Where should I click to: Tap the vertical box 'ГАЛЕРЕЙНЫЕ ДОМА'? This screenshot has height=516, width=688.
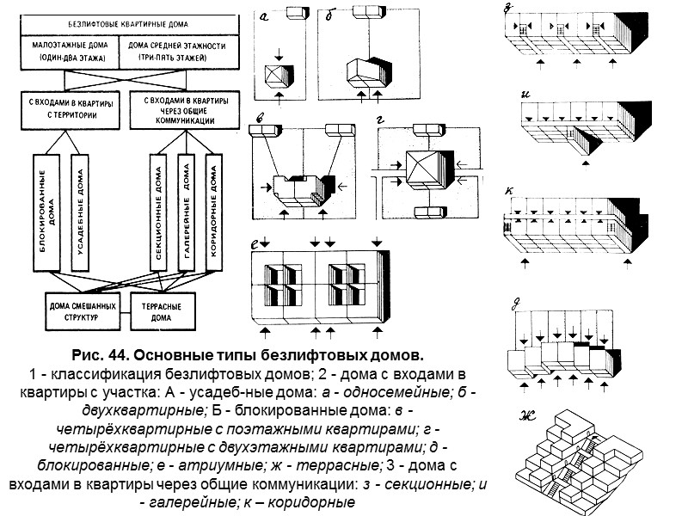186,209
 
